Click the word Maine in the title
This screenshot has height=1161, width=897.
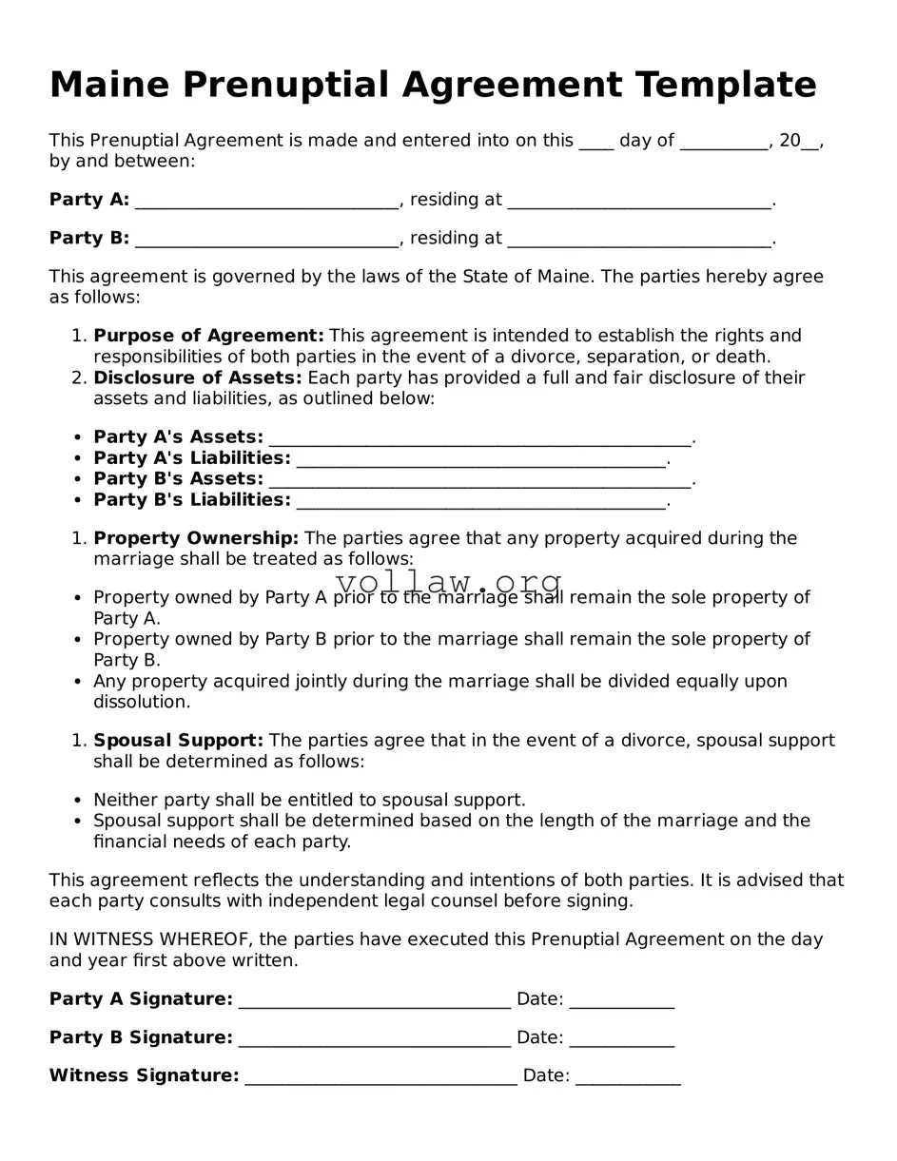coord(109,86)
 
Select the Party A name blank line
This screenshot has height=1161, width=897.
coord(266,201)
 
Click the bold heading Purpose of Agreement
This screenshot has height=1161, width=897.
coord(208,336)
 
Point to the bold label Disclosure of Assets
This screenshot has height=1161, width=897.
coord(197,377)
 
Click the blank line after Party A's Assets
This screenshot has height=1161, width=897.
coord(479,438)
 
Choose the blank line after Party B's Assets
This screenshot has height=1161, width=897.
coord(479,480)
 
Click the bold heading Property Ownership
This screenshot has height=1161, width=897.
coord(196,538)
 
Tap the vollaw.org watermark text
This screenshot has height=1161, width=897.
coord(449,581)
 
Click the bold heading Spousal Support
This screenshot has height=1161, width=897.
coord(179,740)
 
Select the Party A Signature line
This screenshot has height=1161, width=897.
coord(375,1000)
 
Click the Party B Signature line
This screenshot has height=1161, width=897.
coord(375,1038)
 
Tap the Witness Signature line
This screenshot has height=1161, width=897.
coord(380,1077)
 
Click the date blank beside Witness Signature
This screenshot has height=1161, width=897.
coord(628,1077)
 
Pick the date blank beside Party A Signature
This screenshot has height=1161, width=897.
coord(622,1000)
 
